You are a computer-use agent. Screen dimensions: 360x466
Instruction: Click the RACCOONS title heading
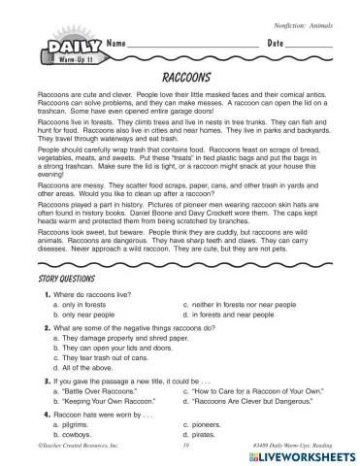(180, 75)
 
